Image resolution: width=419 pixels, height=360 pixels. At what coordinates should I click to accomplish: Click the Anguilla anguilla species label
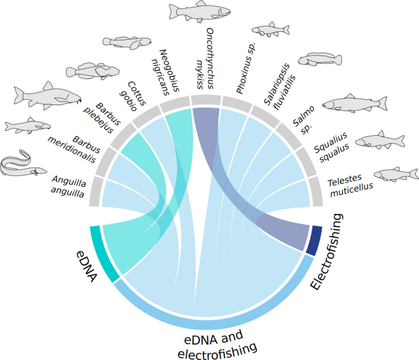pos(69,183)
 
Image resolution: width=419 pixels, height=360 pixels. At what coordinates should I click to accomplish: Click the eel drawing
pos(23,164)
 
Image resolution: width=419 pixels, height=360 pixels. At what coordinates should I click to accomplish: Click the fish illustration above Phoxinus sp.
pos(270,29)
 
